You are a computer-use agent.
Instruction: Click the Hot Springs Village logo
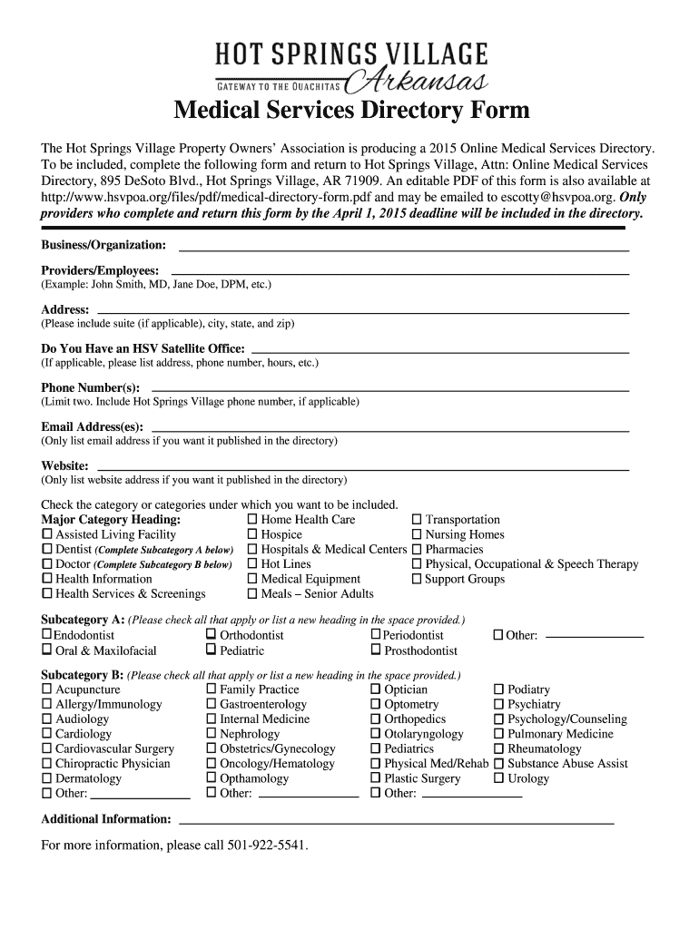tap(351, 67)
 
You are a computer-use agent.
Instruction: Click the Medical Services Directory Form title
tap(351, 112)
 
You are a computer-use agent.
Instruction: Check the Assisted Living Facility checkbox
tap(47, 535)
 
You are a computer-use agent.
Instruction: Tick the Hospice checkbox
tap(252, 535)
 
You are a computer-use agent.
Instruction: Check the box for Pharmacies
tap(418, 550)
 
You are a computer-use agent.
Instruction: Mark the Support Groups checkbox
tap(418, 580)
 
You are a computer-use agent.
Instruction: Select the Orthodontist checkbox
tap(212, 635)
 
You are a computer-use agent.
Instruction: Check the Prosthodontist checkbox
tap(376, 650)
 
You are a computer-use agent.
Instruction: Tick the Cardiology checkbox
tap(47, 734)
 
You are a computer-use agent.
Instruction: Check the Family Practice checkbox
tap(212, 689)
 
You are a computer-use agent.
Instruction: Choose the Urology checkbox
tap(498, 778)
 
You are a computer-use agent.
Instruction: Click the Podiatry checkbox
tap(498, 689)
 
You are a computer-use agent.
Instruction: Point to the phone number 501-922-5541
tap(267, 846)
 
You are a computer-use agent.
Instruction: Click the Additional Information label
tap(106, 819)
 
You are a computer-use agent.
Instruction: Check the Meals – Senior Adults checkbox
tap(252, 594)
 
